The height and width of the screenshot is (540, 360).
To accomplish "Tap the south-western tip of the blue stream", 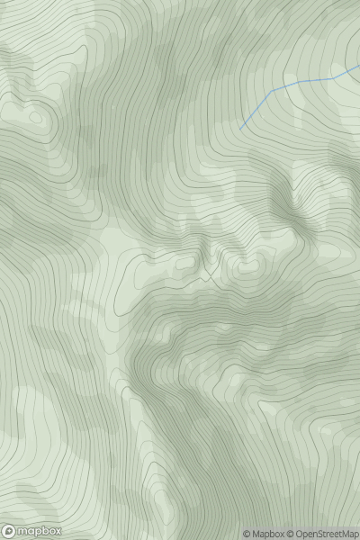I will [x=241, y=129].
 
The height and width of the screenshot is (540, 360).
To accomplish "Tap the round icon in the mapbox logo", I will [x=9, y=532].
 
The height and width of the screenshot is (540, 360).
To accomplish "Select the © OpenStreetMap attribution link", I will [x=323, y=534].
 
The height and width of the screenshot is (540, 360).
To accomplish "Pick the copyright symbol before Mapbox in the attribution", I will [x=247, y=534].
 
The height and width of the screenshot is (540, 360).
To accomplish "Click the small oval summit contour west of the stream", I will [x=35, y=115].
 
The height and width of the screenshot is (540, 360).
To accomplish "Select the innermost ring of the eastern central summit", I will [x=245, y=267].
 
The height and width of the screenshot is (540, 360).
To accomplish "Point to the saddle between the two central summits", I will [x=213, y=270].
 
